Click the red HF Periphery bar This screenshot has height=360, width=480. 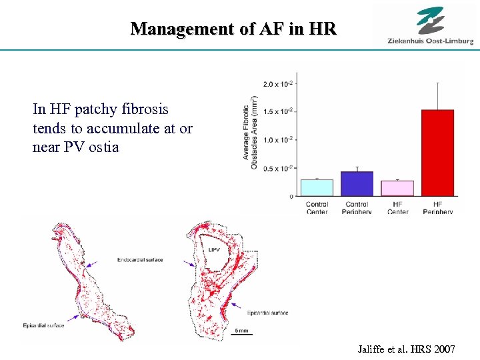point(437,153)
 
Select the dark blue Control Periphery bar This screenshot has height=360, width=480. point(357,183)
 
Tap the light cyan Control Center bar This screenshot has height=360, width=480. point(317,187)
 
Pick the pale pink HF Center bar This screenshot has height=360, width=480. point(397,188)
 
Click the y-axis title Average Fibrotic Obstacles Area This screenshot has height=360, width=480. point(250,137)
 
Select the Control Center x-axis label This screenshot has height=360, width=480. point(317,207)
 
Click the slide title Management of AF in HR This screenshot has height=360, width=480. point(234,29)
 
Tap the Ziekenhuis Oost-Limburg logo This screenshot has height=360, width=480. point(430,27)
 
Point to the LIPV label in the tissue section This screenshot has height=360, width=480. point(214,250)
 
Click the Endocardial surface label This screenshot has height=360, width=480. point(139,259)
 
